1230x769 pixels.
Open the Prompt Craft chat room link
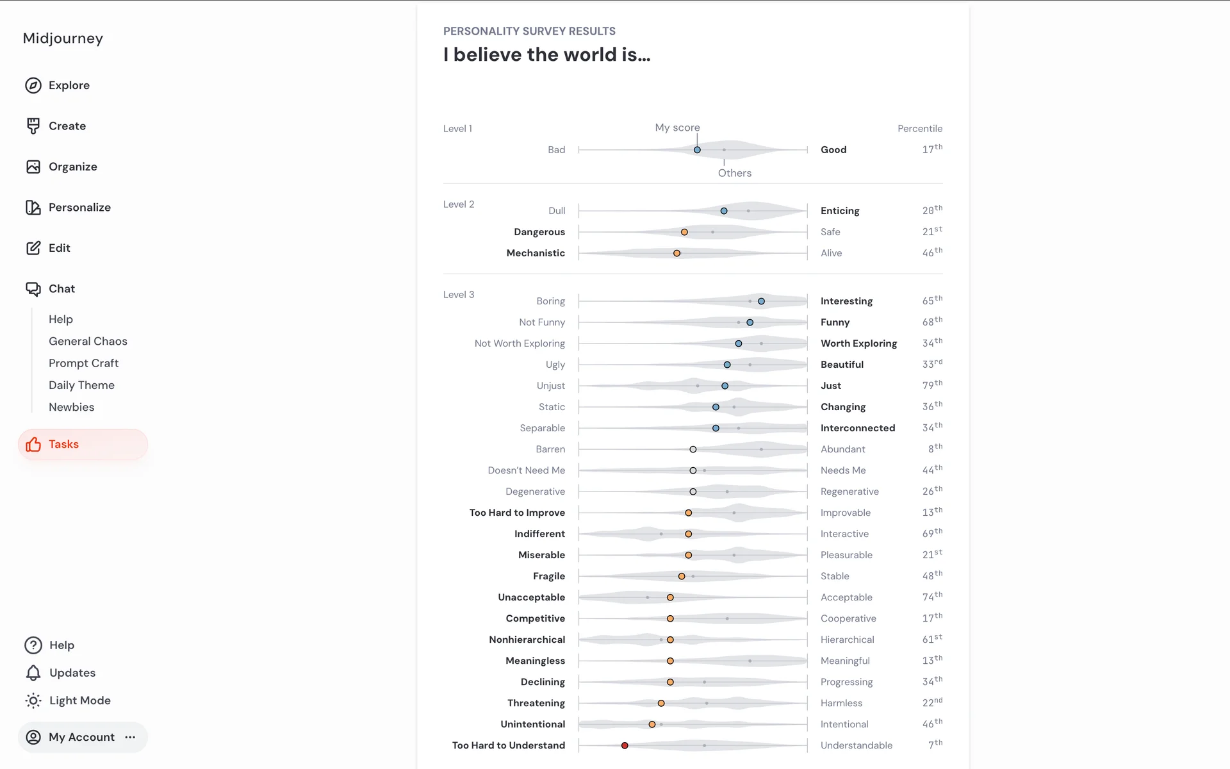[x=83, y=363]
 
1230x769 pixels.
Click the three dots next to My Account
[x=131, y=737]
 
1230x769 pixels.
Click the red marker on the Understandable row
[x=625, y=745]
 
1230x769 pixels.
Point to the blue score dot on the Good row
[x=697, y=150]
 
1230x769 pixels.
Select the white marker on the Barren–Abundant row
[x=693, y=449]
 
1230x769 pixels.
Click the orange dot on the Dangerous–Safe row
[x=684, y=232]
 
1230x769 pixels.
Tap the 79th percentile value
[x=931, y=385]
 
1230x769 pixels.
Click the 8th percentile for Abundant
[x=935, y=449]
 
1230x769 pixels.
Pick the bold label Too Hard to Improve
[x=517, y=513]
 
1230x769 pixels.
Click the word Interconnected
[x=858, y=428]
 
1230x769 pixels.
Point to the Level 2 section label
[x=459, y=204]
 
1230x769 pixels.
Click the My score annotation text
[x=677, y=128]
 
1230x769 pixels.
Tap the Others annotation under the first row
[x=734, y=173]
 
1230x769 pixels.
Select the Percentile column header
[x=919, y=129]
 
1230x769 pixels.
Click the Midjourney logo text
[x=63, y=38]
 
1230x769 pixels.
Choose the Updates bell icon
[x=33, y=673]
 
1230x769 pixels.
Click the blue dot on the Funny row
[x=750, y=322]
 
